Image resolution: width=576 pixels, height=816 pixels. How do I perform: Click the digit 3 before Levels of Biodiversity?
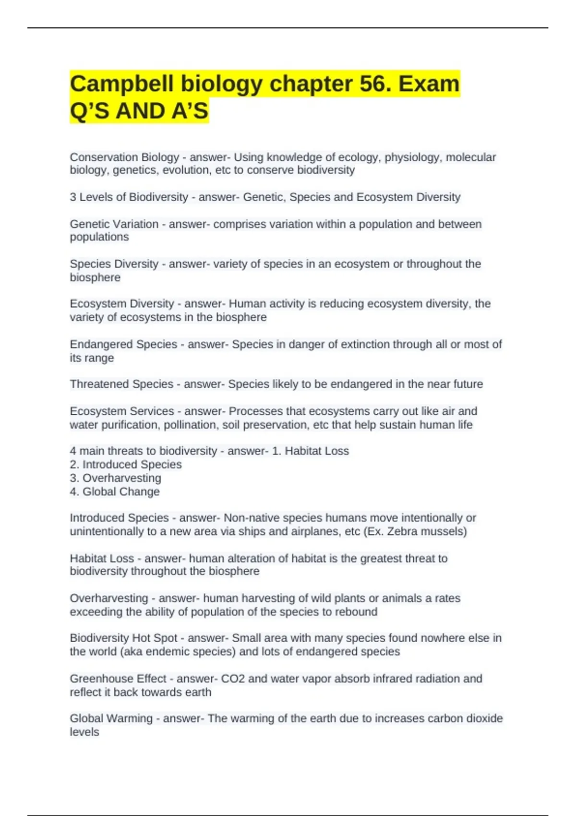tap(73, 197)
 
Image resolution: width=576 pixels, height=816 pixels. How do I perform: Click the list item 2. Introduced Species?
tap(126, 465)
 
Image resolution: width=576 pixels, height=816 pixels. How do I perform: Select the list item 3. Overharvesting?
tap(116, 478)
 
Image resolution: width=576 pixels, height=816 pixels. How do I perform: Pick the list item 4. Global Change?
tap(115, 492)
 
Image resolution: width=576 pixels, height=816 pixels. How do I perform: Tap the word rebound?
tap(357, 612)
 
